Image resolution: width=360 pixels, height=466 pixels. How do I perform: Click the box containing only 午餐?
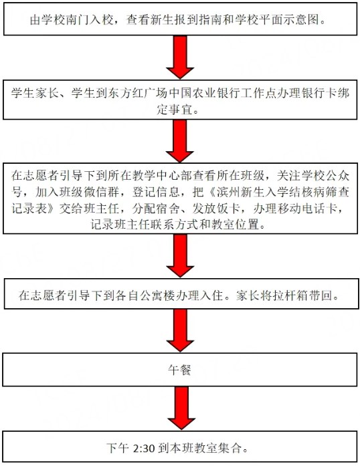pyautogui.click(x=180, y=370)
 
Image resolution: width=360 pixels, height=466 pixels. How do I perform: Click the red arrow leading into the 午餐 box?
pyautogui.click(x=180, y=330)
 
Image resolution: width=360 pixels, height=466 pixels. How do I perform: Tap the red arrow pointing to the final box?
pyautogui.click(x=181, y=408)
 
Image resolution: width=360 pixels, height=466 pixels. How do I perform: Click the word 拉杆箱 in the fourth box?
pyautogui.click(x=290, y=296)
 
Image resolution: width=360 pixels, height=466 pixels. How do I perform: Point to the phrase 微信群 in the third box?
pyautogui.click(x=101, y=192)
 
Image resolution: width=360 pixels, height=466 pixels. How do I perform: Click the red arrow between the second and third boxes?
pyautogui.click(x=180, y=141)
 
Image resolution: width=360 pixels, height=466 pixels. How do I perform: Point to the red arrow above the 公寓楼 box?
pyautogui.click(x=180, y=255)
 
